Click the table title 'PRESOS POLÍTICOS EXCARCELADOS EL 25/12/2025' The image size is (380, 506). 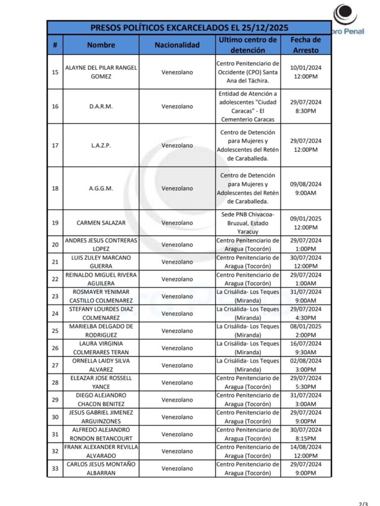point(189,27)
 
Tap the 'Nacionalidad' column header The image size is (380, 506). point(177,45)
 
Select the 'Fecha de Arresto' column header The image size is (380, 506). point(305,44)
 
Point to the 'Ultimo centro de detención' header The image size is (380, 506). point(247,44)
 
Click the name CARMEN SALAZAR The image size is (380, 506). point(101,223)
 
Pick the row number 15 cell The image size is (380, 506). point(55,72)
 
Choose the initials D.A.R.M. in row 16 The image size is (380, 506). point(101,106)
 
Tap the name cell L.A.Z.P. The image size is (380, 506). point(101,145)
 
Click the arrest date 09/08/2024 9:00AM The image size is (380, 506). point(305,188)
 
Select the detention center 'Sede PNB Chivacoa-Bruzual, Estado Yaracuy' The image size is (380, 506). point(247,223)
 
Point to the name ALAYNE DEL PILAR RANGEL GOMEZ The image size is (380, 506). point(101,72)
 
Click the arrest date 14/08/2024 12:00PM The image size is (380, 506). point(305,451)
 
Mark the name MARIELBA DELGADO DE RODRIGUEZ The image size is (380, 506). point(101,331)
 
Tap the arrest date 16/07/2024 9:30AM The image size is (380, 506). point(305,348)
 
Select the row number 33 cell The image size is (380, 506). point(55,468)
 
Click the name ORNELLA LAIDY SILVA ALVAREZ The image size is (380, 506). point(101,365)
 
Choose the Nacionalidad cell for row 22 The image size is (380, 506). point(177,279)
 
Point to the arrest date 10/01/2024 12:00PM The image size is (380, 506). point(305,72)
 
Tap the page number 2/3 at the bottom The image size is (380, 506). point(363,503)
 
